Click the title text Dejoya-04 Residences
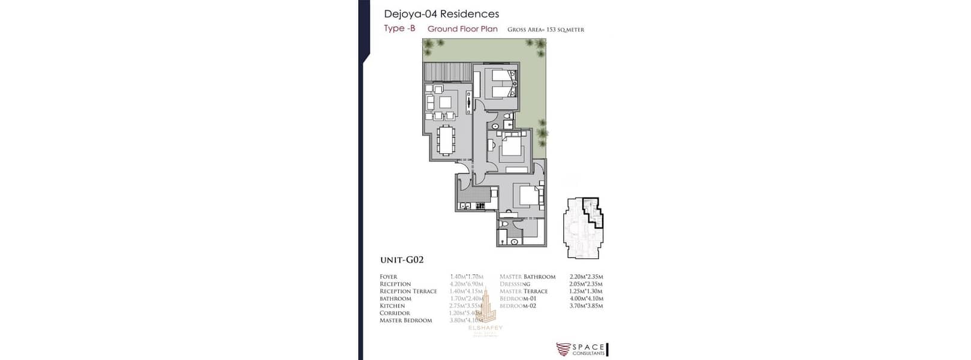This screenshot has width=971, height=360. coord(441,14)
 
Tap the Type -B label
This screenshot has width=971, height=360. coord(399,28)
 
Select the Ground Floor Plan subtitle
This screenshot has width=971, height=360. coord(462,29)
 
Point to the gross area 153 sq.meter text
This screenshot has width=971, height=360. coord(545,29)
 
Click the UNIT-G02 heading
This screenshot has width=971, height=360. coord(402,260)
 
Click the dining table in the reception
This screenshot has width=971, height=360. coord(445,142)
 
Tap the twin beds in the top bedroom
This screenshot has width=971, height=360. coord(500,83)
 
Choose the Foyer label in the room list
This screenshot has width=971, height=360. coord(389,277)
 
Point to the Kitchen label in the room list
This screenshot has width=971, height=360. coord(392,306)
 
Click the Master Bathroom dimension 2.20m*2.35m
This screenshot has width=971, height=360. coord(586,277)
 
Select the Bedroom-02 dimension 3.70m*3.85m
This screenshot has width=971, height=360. coord(586,306)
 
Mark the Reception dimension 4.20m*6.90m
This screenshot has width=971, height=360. coord(466,284)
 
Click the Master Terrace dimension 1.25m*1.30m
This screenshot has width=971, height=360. coord(586,291)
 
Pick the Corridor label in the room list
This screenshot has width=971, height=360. coord(395,313)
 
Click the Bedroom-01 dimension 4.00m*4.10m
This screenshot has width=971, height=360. coord(586,298)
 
